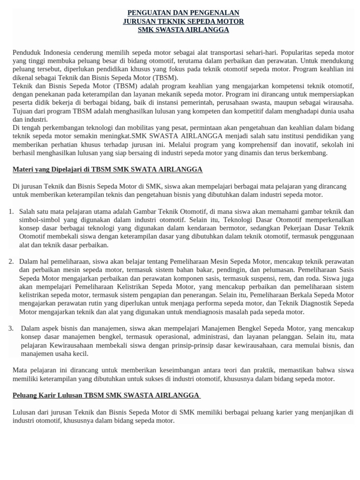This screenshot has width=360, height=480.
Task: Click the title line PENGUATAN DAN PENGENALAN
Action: (183, 13)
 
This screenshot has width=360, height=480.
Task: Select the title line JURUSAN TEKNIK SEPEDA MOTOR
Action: (183, 21)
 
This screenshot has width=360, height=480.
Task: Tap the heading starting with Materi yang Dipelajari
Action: (107, 169)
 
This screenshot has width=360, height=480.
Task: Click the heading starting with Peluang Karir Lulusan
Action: (106, 395)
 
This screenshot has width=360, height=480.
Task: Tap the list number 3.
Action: (11, 328)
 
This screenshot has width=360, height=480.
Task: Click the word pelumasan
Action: (260, 270)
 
